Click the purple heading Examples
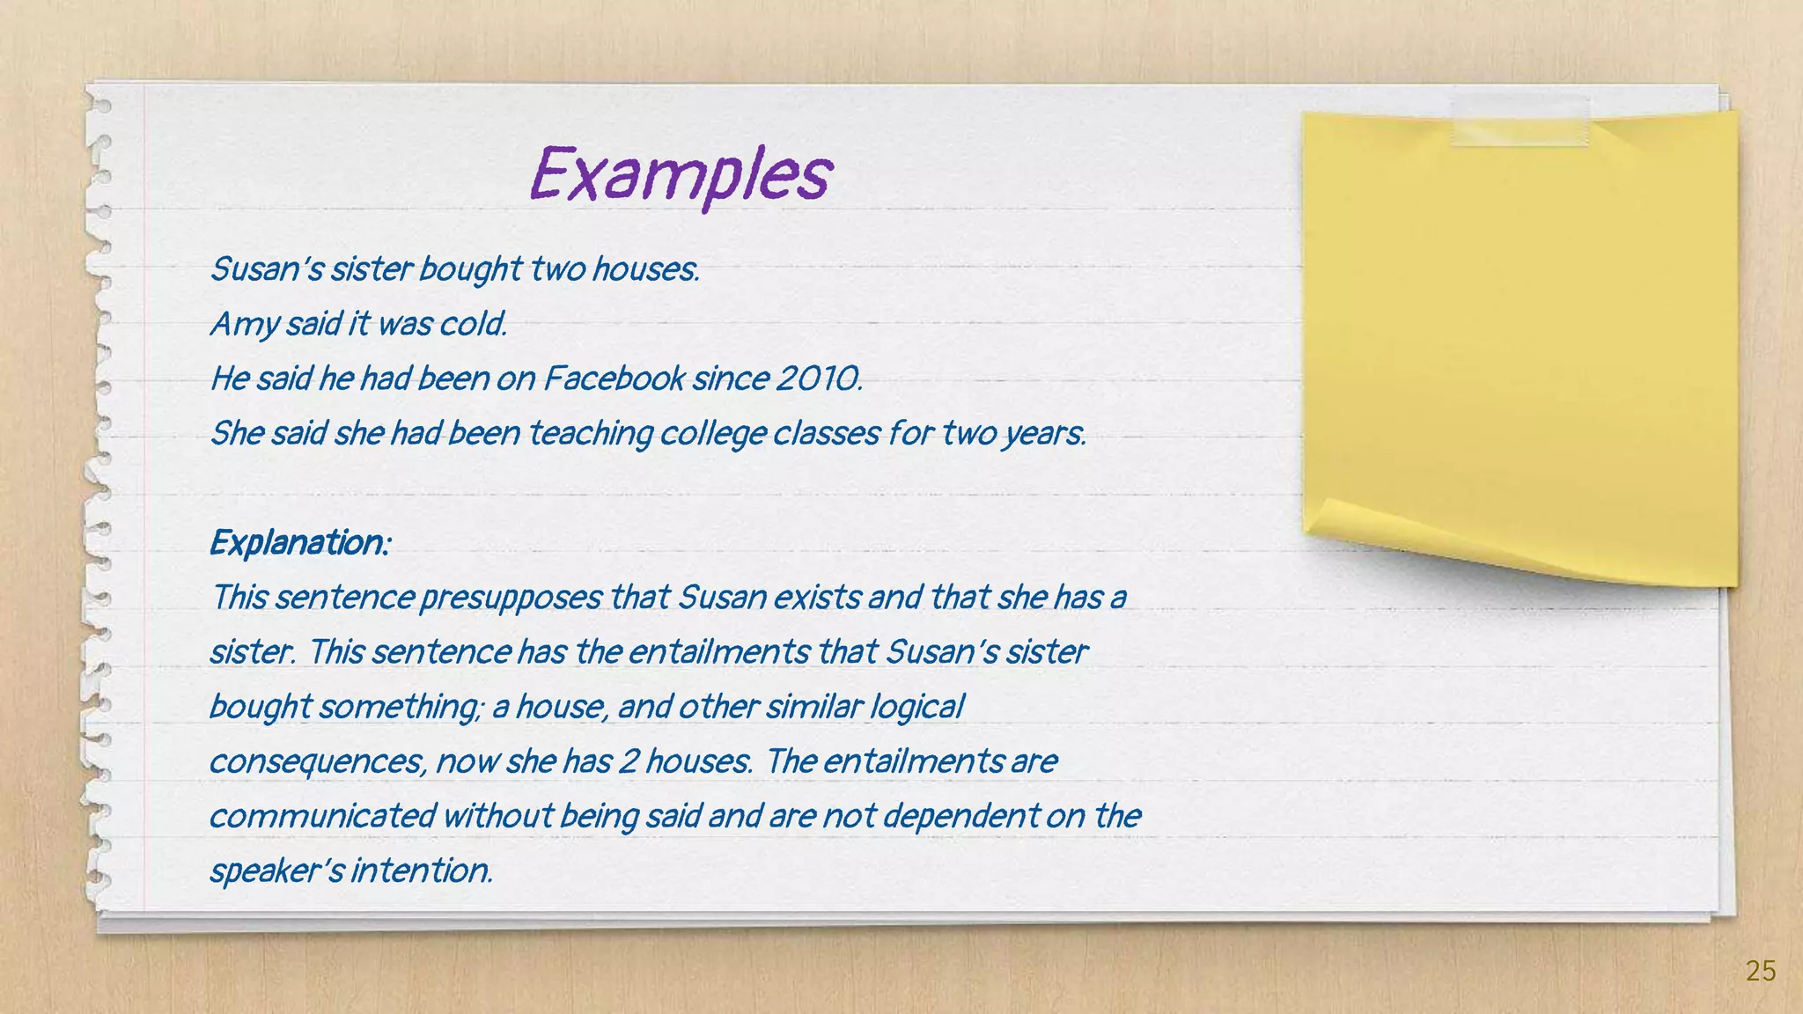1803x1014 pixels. [x=680, y=173]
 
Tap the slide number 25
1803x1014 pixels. [x=1760, y=971]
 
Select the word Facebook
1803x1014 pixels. [x=614, y=378]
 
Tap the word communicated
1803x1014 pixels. [x=322, y=816]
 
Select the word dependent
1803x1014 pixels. [x=961, y=816]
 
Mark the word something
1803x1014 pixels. [x=400, y=707]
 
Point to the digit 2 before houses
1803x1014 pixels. [x=627, y=761]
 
